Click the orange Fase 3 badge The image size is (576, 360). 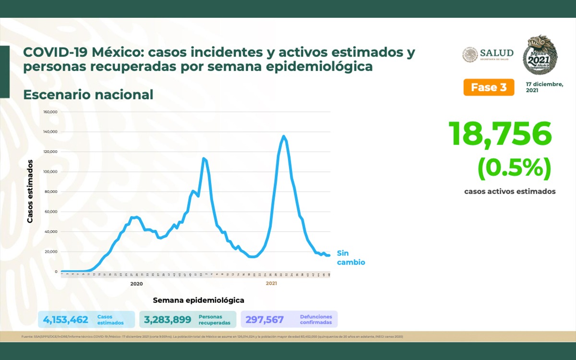pos(489,87)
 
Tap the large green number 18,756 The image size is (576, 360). pos(500,134)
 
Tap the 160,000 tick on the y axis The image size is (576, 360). pos(50,112)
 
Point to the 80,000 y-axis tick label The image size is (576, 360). pos(51,192)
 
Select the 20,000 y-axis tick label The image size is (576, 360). pos(51,252)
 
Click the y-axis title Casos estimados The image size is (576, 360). pos(30,192)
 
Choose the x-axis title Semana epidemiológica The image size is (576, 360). pos(198,300)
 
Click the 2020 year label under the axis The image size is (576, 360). pos(137,284)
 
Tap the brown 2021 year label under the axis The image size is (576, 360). pos(271,284)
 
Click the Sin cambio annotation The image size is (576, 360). pos(350,258)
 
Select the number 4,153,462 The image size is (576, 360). pos(65,320)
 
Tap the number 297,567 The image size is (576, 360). pos(264,320)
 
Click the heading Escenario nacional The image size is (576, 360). pos(88,95)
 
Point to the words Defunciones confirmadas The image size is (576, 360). pos(316,320)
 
